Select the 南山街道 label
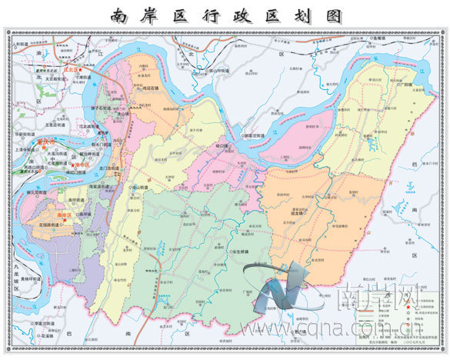point(139,187)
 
